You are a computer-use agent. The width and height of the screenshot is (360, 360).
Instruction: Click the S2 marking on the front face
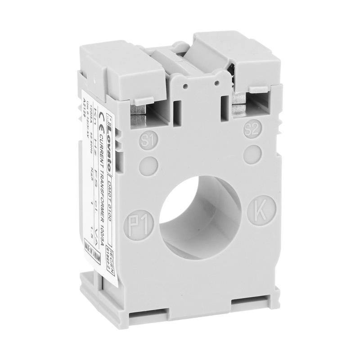pyautogui.click(x=252, y=130)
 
